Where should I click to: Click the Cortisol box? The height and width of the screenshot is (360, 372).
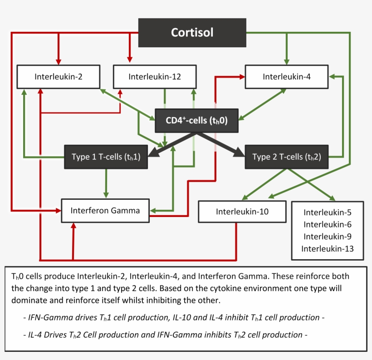(192, 33)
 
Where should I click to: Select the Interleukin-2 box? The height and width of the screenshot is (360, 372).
(58, 77)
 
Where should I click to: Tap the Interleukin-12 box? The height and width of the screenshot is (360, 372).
(155, 77)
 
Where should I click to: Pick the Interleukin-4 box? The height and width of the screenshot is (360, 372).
(287, 76)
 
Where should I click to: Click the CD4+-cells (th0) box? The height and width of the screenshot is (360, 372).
(196, 120)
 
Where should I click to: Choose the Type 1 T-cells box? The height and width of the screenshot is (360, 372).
(106, 157)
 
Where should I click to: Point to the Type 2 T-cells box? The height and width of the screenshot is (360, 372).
(286, 157)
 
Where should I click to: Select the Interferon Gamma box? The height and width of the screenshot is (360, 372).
(105, 211)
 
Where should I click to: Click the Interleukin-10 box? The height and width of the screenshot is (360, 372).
(242, 212)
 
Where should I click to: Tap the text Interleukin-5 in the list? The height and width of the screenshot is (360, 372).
(327, 212)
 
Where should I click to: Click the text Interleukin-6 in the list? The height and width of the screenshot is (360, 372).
(327, 224)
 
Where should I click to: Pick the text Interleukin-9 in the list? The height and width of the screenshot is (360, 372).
(327, 236)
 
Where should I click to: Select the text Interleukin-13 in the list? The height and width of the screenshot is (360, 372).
(327, 248)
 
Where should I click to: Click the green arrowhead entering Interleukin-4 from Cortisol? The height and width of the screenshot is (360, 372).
(286, 62)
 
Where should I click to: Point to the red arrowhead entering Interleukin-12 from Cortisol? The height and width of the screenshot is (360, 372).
(130, 60)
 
